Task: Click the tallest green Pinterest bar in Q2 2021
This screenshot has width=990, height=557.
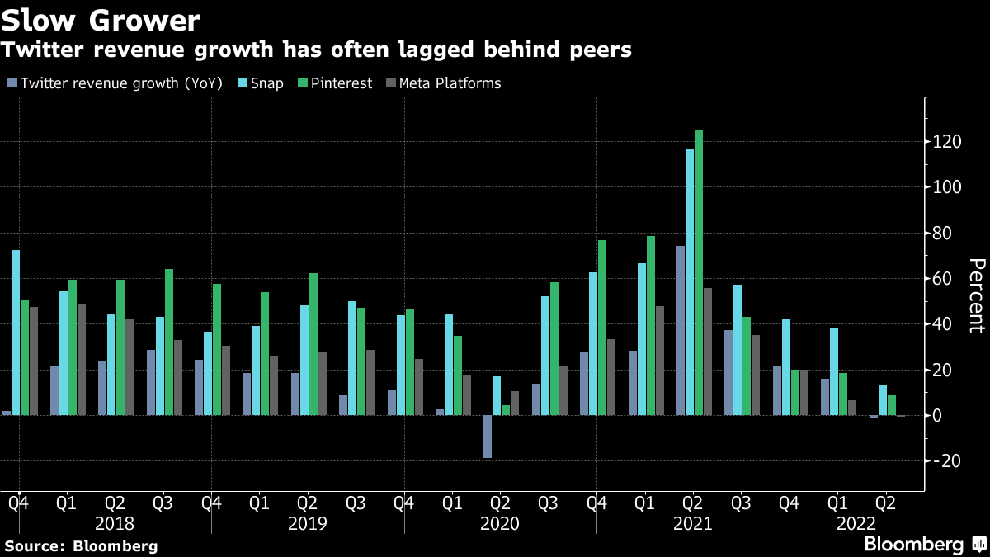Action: click(699, 272)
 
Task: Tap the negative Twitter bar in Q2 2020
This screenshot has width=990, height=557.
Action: click(488, 437)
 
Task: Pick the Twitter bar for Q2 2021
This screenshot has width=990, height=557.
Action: click(681, 330)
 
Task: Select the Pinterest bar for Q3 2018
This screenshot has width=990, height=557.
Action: click(168, 342)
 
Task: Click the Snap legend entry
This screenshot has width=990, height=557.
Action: click(263, 83)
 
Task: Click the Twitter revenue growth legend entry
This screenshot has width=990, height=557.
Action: click(115, 83)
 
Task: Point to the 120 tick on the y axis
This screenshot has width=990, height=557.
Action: click(950, 143)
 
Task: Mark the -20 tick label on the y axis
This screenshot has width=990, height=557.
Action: click(949, 461)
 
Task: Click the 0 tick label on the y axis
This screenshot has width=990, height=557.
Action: click(938, 416)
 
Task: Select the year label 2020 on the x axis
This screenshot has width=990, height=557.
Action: click(499, 524)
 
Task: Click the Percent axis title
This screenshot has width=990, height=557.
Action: click(977, 295)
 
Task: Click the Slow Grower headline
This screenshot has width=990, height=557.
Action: click(100, 19)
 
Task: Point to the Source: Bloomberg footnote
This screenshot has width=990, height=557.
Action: click(81, 545)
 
